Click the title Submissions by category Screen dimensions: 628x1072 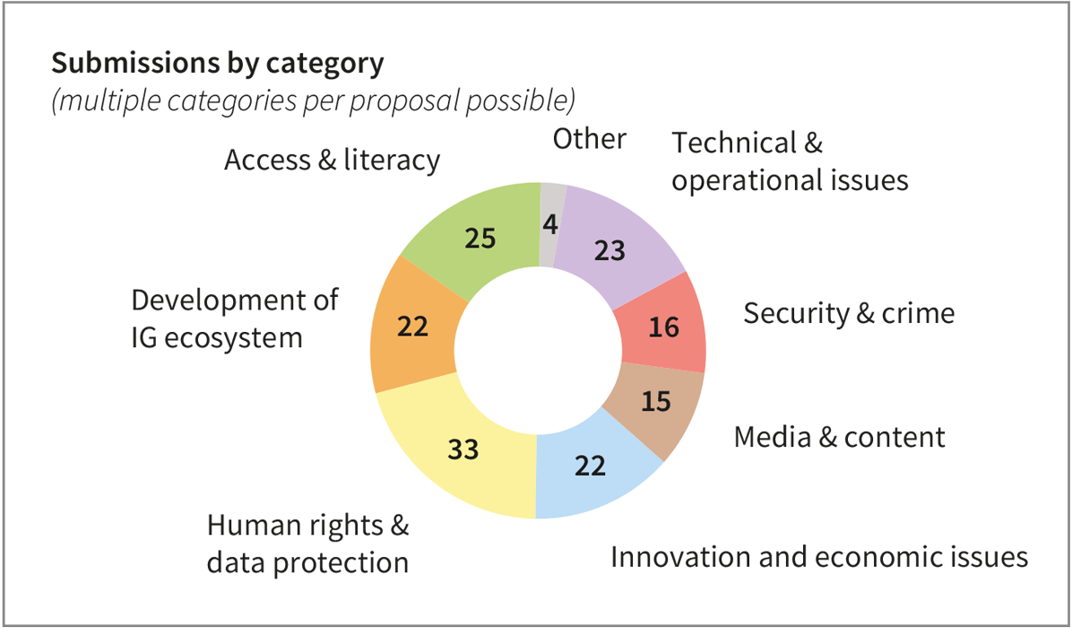217,65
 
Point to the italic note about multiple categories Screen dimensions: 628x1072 313,100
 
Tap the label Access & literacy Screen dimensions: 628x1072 332,161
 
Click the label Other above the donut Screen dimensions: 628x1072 589,139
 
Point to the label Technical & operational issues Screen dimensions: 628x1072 790,161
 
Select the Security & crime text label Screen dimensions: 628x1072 849,314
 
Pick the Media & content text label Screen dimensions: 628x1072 839,437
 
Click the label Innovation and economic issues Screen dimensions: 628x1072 818,557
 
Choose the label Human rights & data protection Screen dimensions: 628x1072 307,544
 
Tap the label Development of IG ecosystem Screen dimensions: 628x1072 234,318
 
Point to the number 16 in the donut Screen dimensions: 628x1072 662,327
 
